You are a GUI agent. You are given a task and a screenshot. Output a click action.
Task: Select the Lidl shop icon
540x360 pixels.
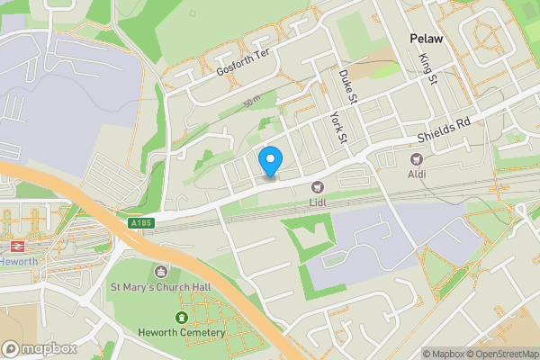(317, 186)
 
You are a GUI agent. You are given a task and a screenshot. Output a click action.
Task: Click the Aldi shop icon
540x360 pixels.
(417, 157)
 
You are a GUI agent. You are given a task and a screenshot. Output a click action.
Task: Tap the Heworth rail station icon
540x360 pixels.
(15, 246)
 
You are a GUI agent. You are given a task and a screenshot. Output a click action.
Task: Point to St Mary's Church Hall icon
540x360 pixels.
(162, 272)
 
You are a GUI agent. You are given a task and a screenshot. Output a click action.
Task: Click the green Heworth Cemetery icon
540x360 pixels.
(182, 318)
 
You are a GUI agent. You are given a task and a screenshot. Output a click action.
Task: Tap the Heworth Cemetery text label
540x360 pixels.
(182, 333)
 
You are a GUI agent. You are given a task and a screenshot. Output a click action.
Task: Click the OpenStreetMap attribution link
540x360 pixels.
(502, 353)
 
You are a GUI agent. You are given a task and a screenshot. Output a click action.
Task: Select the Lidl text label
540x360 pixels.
(317, 202)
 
